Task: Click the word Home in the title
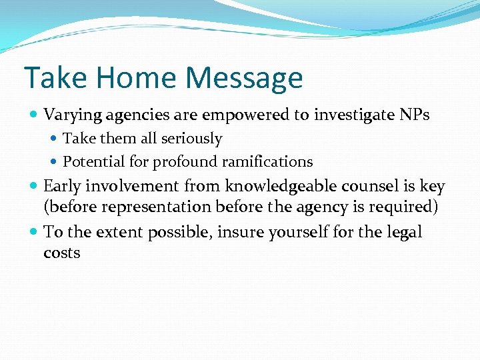coord(135,77)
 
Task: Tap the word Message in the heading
coord(244,79)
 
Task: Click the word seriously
coord(191,139)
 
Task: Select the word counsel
coord(369,187)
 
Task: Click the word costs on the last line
coord(61,253)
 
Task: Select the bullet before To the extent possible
coord(34,233)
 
